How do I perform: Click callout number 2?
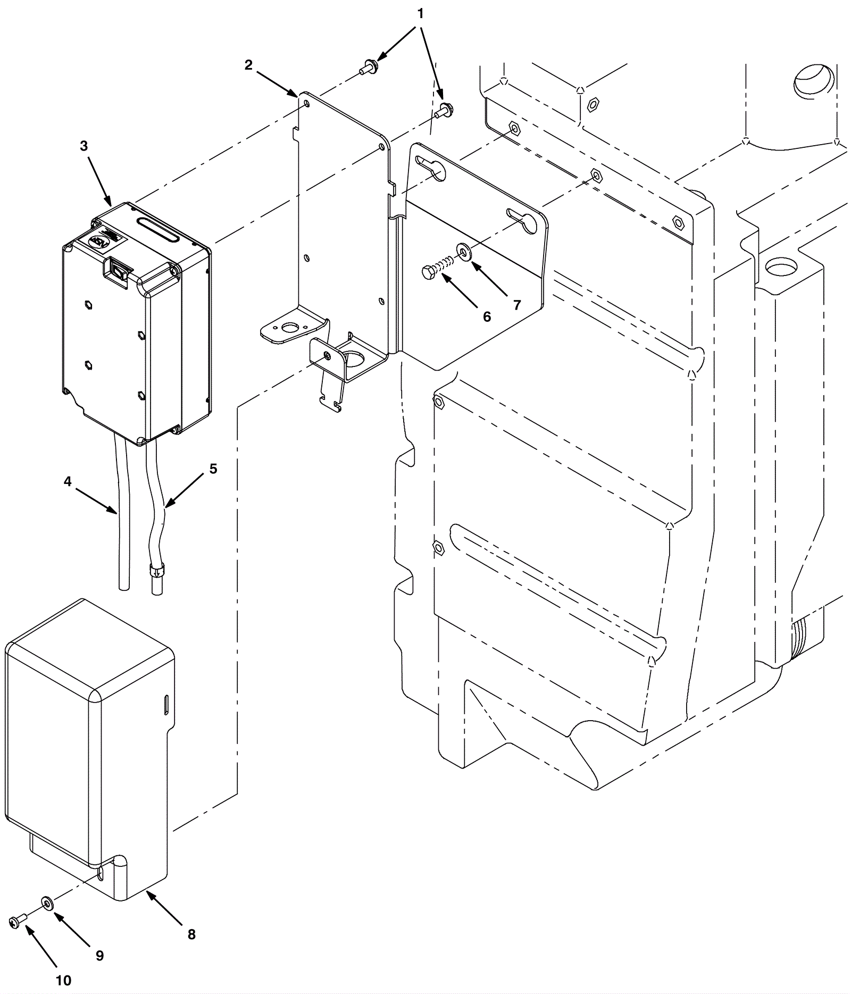[248, 65]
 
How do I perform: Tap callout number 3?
[84, 146]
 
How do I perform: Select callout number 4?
[68, 481]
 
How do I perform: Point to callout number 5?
[213, 469]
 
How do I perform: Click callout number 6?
[487, 316]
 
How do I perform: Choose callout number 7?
[517, 305]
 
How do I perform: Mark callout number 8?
[191, 934]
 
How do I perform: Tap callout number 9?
[99, 956]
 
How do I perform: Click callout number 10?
[63, 980]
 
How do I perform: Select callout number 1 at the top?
[420, 14]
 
